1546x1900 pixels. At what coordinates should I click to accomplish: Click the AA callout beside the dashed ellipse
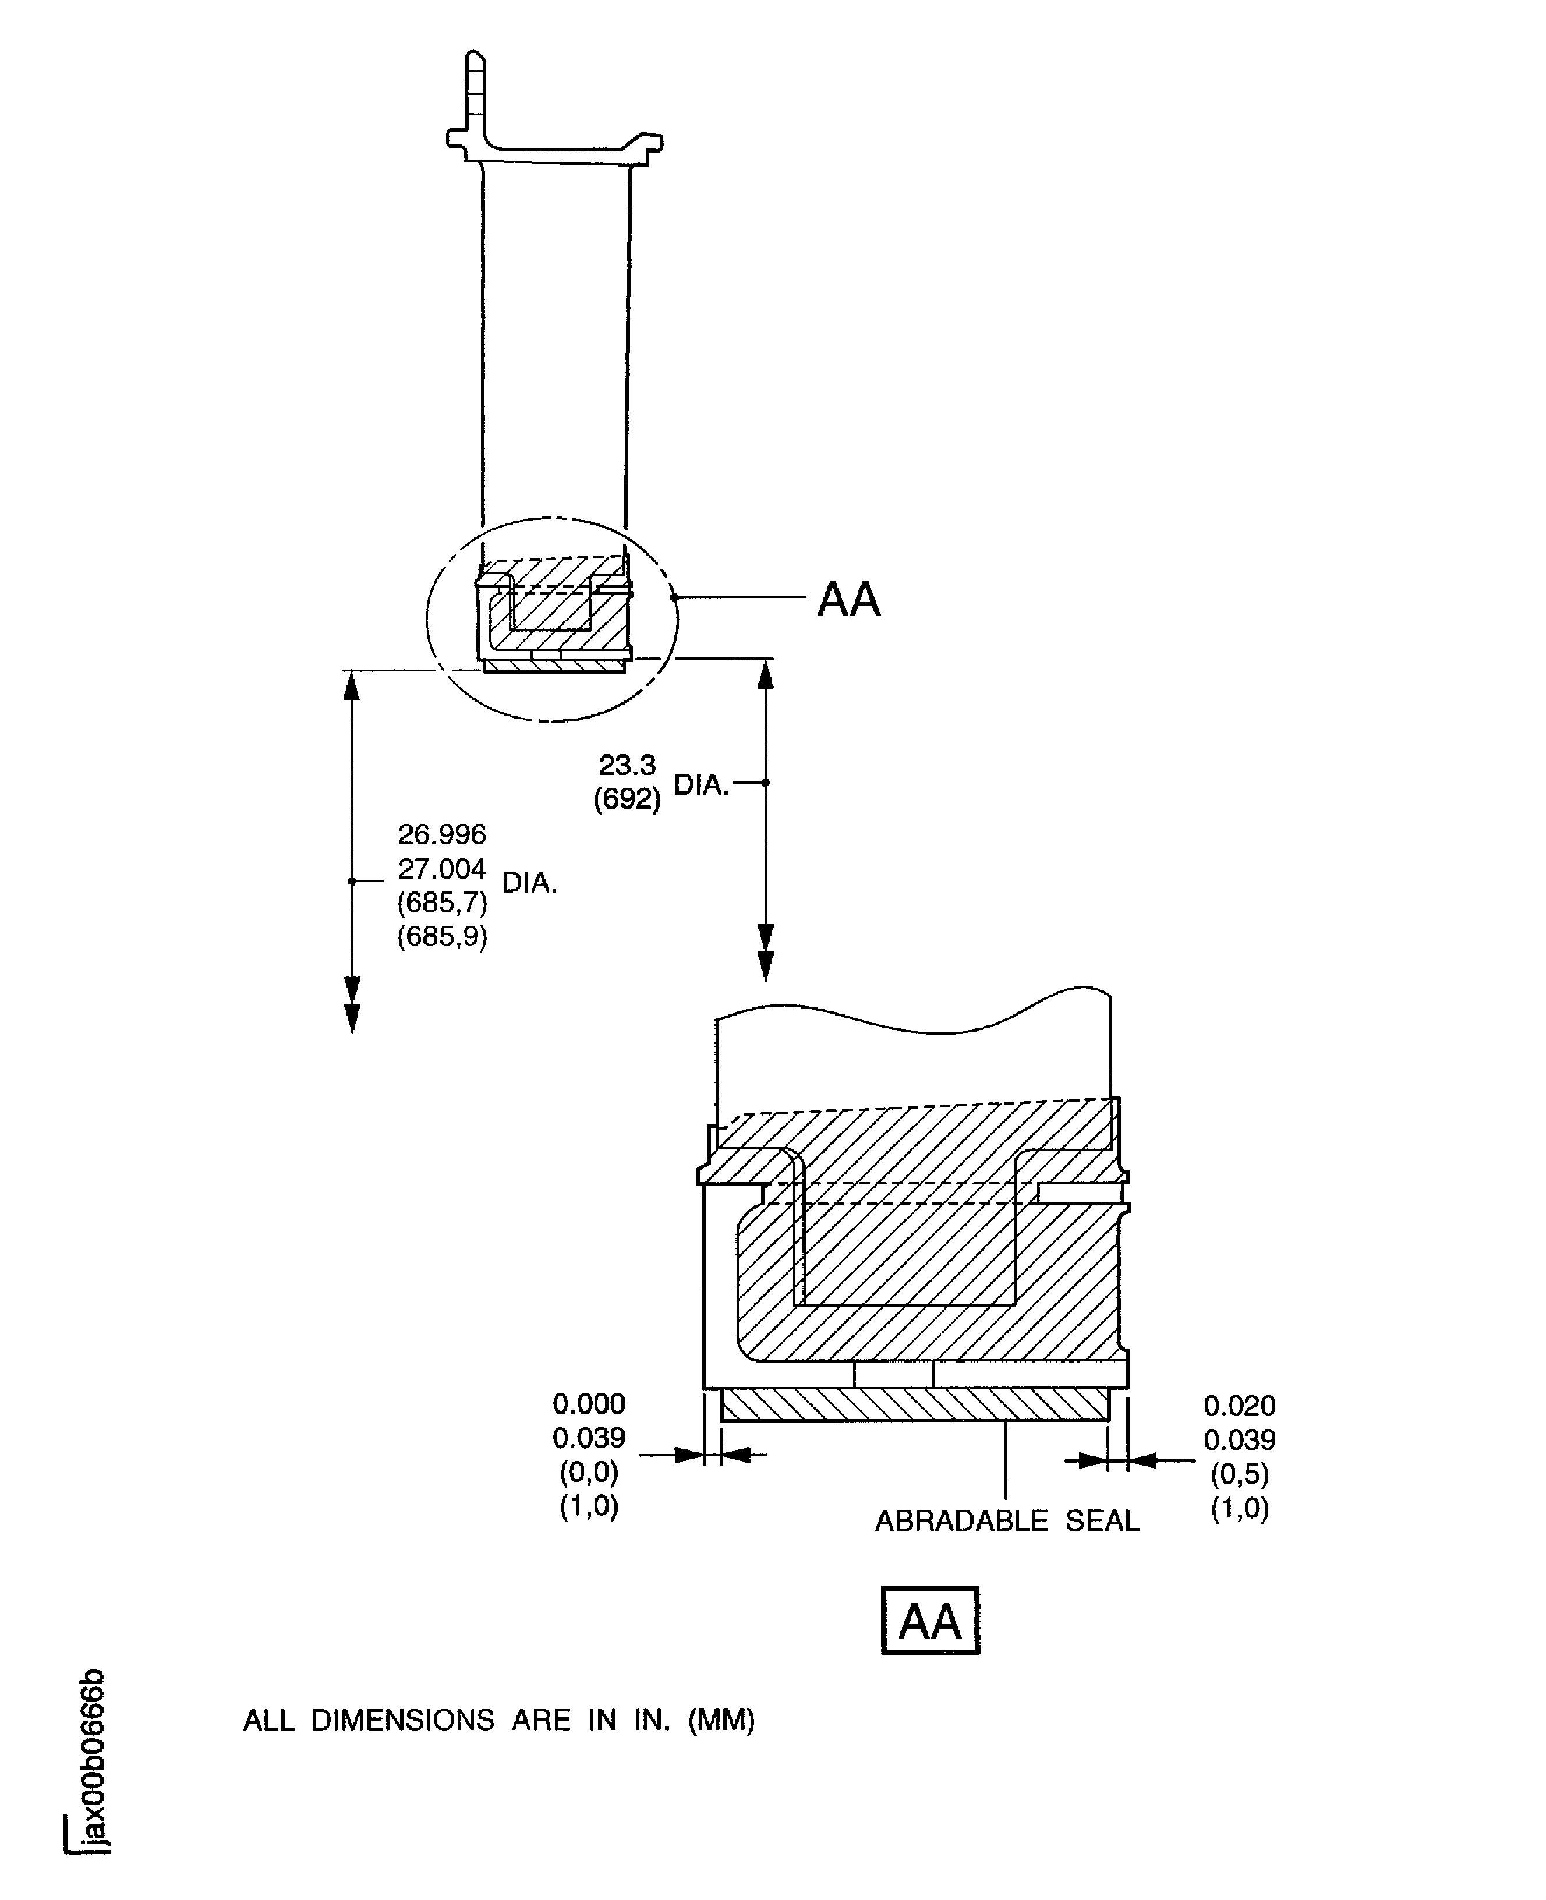[848, 599]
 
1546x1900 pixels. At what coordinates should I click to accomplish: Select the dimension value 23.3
[627, 765]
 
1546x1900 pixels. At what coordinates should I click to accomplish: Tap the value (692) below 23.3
[627, 799]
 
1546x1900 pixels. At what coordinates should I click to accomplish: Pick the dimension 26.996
[442, 834]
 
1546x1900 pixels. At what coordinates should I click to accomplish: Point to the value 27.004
[442, 868]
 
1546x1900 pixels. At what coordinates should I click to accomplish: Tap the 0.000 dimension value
[589, 1404]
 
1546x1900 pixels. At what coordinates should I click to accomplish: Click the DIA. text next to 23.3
[701, 784]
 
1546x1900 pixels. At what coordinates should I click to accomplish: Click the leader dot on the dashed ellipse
[674, 597]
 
